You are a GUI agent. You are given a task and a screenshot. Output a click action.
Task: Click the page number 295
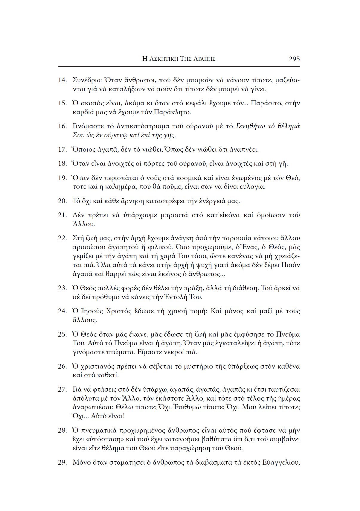click(x=294, y=59)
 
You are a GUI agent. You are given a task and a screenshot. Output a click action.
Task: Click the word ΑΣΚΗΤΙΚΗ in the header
click(x=164, y=59)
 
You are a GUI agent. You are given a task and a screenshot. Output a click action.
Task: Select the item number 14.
click(x=62, y=80)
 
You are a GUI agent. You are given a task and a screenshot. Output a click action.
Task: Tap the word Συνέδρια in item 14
click(x=87, y=80)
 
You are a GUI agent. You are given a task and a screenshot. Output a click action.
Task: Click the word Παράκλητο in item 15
click(x=172, y=112)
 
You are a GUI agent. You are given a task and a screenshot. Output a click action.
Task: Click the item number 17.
click(x=62, y=150)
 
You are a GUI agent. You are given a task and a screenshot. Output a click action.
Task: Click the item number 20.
click(x=62, y=201)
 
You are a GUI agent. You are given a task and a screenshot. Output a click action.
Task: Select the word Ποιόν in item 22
click(x=291, y=265)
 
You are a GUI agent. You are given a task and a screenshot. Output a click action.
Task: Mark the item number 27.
click(x=62, y=390)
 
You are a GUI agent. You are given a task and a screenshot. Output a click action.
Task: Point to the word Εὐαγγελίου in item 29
click(x=281, y=463)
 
